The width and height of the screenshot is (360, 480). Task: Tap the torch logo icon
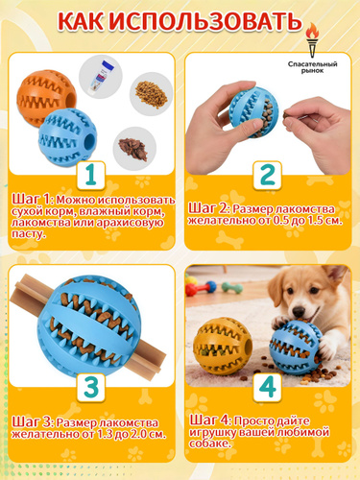click(312, 40)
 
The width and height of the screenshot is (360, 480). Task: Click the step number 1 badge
click(91, 175)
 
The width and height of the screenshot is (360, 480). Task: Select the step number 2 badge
click(268, 175)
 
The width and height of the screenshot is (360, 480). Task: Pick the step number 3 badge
click(91, 387)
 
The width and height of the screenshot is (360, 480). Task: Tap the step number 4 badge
click(268, 387)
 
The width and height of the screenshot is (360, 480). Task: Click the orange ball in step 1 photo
click(46, 98)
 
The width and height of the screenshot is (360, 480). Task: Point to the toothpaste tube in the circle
click(102, 76)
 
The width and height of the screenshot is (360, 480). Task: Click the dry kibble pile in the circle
click(151, 93)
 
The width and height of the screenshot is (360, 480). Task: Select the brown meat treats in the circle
click(133, 150)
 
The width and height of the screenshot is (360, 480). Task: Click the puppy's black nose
click(299, 310)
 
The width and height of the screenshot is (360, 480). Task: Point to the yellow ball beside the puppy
click(223, 347)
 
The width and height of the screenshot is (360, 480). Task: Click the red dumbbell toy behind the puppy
click(201, 287)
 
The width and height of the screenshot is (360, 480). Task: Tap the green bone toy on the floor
click(232, 287)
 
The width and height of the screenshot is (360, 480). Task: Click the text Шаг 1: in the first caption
click(34, 199)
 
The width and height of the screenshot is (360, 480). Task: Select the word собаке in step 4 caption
click(209, 444)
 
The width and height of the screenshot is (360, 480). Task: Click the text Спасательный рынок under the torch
click(312, 67)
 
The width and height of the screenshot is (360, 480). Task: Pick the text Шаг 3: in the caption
click(34, 421)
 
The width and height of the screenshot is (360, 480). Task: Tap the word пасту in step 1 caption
click(29, 234)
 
